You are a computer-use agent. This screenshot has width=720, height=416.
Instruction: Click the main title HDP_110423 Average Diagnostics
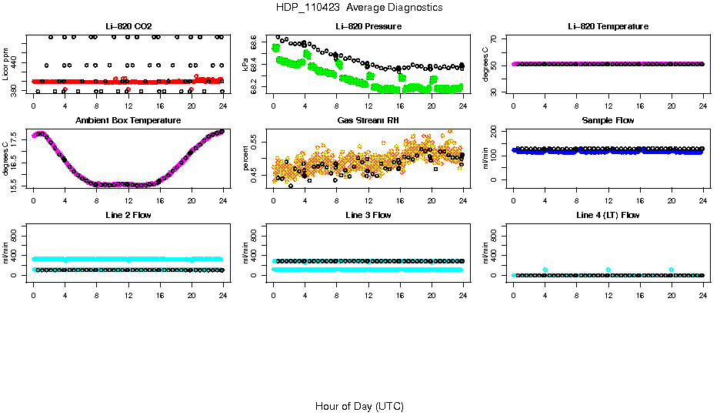pos(359,8)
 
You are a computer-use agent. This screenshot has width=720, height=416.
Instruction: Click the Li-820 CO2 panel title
pos(128,27)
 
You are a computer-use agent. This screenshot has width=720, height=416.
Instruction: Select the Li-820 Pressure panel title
pos(368,27)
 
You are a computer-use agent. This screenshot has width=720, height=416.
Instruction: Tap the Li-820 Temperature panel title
pos(608,27)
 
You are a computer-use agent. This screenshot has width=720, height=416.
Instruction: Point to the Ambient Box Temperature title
pos(128,121)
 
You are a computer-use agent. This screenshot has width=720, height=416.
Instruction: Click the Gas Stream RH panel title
pos(368,121)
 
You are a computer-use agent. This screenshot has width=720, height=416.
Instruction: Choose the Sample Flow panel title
pos(608,121)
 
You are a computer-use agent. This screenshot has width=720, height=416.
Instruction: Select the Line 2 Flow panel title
pos(128,215)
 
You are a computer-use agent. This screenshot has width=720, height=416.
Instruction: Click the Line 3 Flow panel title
pos(368,215)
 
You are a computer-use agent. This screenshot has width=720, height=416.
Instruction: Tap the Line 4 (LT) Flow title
pos(608,215)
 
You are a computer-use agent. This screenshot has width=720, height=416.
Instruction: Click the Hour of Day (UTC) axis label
pos(359,406)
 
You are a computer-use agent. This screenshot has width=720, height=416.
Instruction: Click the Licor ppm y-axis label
pos(5,65)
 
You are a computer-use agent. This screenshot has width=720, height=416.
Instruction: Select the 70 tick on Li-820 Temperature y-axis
pos(494,39)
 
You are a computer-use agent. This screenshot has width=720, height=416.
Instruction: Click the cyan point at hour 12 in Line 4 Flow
pos(608,270)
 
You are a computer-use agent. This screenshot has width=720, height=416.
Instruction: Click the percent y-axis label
pos(245,159)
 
